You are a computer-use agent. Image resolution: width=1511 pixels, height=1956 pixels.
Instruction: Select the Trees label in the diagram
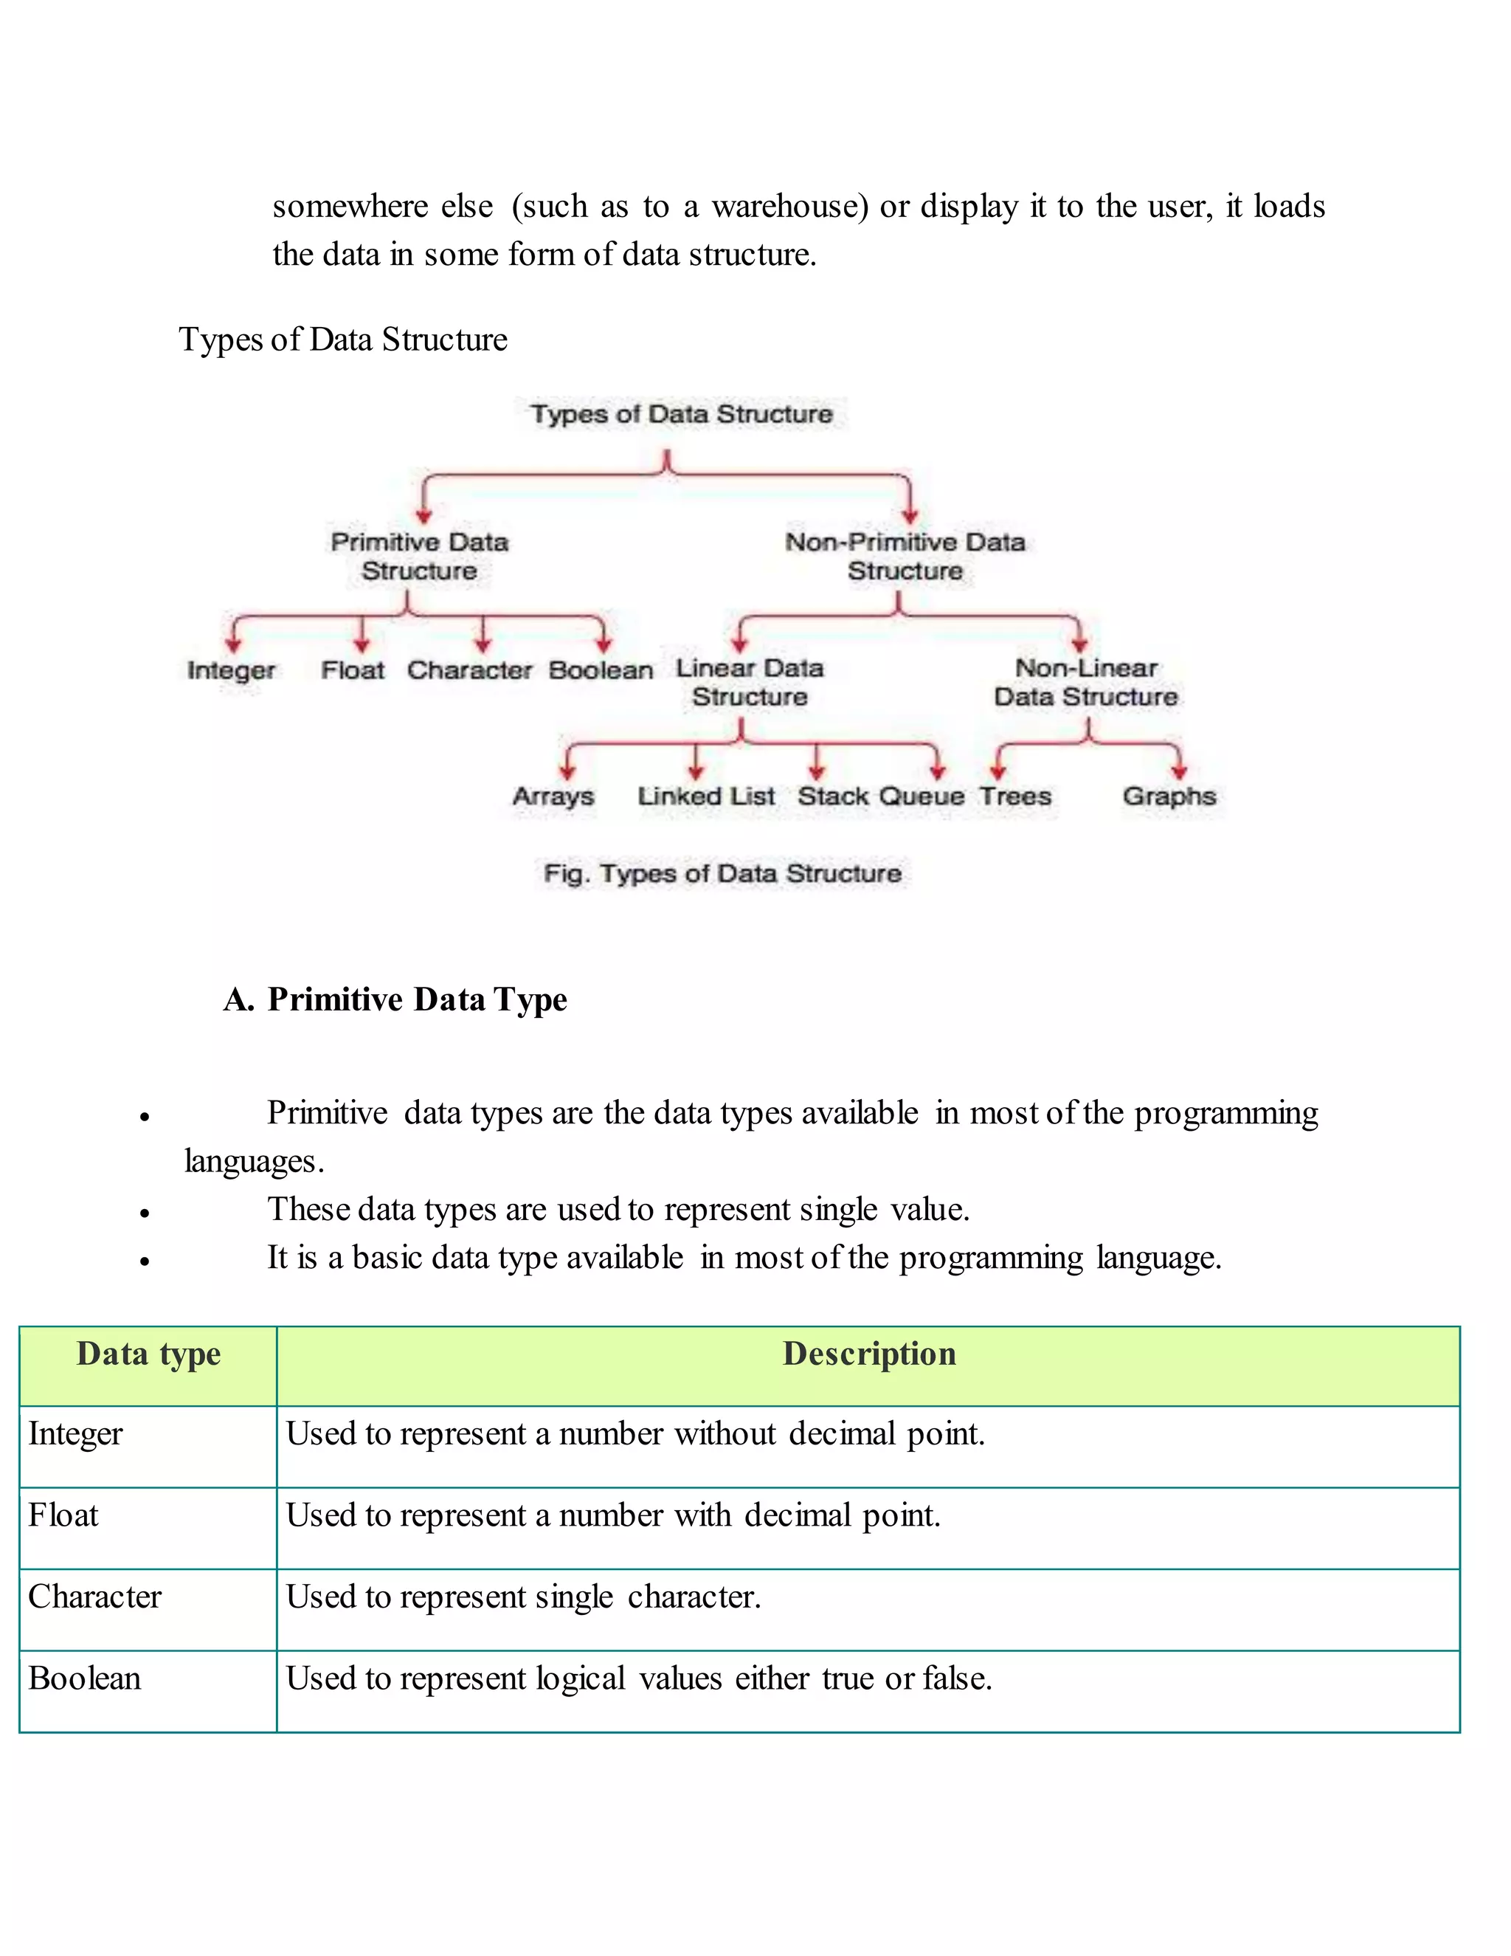[x=1015, y=796]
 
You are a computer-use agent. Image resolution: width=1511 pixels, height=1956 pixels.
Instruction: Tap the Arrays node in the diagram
[x=553, y=796]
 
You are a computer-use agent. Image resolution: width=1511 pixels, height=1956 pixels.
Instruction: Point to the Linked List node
[x=705, y=796]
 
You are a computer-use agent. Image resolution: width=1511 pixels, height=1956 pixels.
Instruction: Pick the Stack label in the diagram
[x=832, y=796]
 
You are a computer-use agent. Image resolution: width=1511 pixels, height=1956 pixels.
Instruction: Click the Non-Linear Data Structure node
[x=1086, y=683]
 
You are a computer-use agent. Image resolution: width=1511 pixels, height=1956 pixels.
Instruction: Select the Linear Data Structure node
[x=750, y=683]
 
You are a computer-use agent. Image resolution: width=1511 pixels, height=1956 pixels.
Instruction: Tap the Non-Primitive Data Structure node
[x=905, y=557]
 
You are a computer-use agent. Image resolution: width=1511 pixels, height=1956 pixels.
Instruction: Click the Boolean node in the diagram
[x=601, y=670]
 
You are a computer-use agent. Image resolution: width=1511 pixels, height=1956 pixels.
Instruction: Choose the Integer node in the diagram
[x=231, y=670]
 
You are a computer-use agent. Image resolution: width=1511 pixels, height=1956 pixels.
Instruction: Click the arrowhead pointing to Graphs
[x=1179, y=771]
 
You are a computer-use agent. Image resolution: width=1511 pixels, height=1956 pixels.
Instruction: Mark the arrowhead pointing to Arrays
[x=567, y=771]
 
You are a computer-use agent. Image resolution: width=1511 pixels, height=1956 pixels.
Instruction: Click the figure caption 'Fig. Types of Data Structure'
[x=722, y=873]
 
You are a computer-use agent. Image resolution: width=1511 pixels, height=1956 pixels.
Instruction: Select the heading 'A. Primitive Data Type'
[x=395, y=999]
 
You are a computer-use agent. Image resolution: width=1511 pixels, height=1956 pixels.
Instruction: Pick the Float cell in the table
[x=63, y=1515]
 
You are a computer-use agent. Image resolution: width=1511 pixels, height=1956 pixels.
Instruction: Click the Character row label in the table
[x=95, y=1597]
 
